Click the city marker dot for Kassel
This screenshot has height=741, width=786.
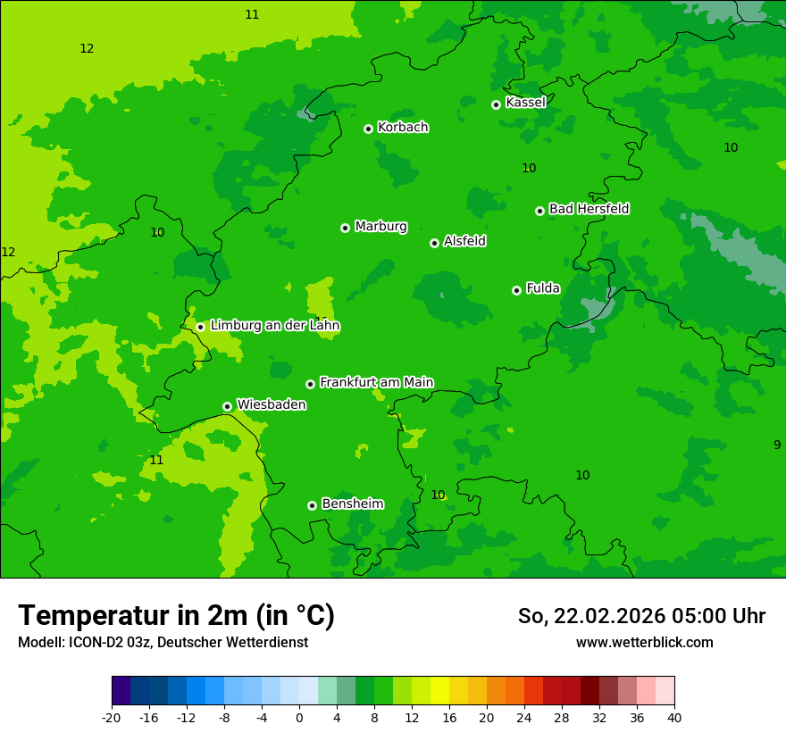[x=496, y=104]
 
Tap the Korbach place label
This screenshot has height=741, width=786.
[x=403, y=128]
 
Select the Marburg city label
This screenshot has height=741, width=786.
[x=380, y=227]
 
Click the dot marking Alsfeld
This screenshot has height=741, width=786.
[x=434, y=243]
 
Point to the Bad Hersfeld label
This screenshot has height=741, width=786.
[x=589, y=209]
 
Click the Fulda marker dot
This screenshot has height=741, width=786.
[x=516, y=290]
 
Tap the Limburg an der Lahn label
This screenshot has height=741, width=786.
[x=274, y=326]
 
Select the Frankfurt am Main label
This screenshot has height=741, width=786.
[x=376, y=382]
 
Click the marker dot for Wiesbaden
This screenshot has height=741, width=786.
[x=227, y=406]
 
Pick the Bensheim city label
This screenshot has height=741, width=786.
[x=352, y=504]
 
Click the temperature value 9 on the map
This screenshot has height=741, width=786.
[x=776, y=445]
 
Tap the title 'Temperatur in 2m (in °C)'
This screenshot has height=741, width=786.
[x=176, y=616]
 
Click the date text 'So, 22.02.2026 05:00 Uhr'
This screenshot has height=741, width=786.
[x=641, y=616]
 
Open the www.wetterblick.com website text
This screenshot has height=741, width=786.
[x=644, y=643]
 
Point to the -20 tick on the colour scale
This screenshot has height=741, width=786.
[x=112, y=717]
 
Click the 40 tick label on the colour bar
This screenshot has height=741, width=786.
[x=674, y=717]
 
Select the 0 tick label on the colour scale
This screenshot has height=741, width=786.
[x=299, y=717]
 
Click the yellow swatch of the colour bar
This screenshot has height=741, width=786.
[x=439, y=691]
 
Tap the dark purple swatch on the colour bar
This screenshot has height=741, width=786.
[x=121, y=691]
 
